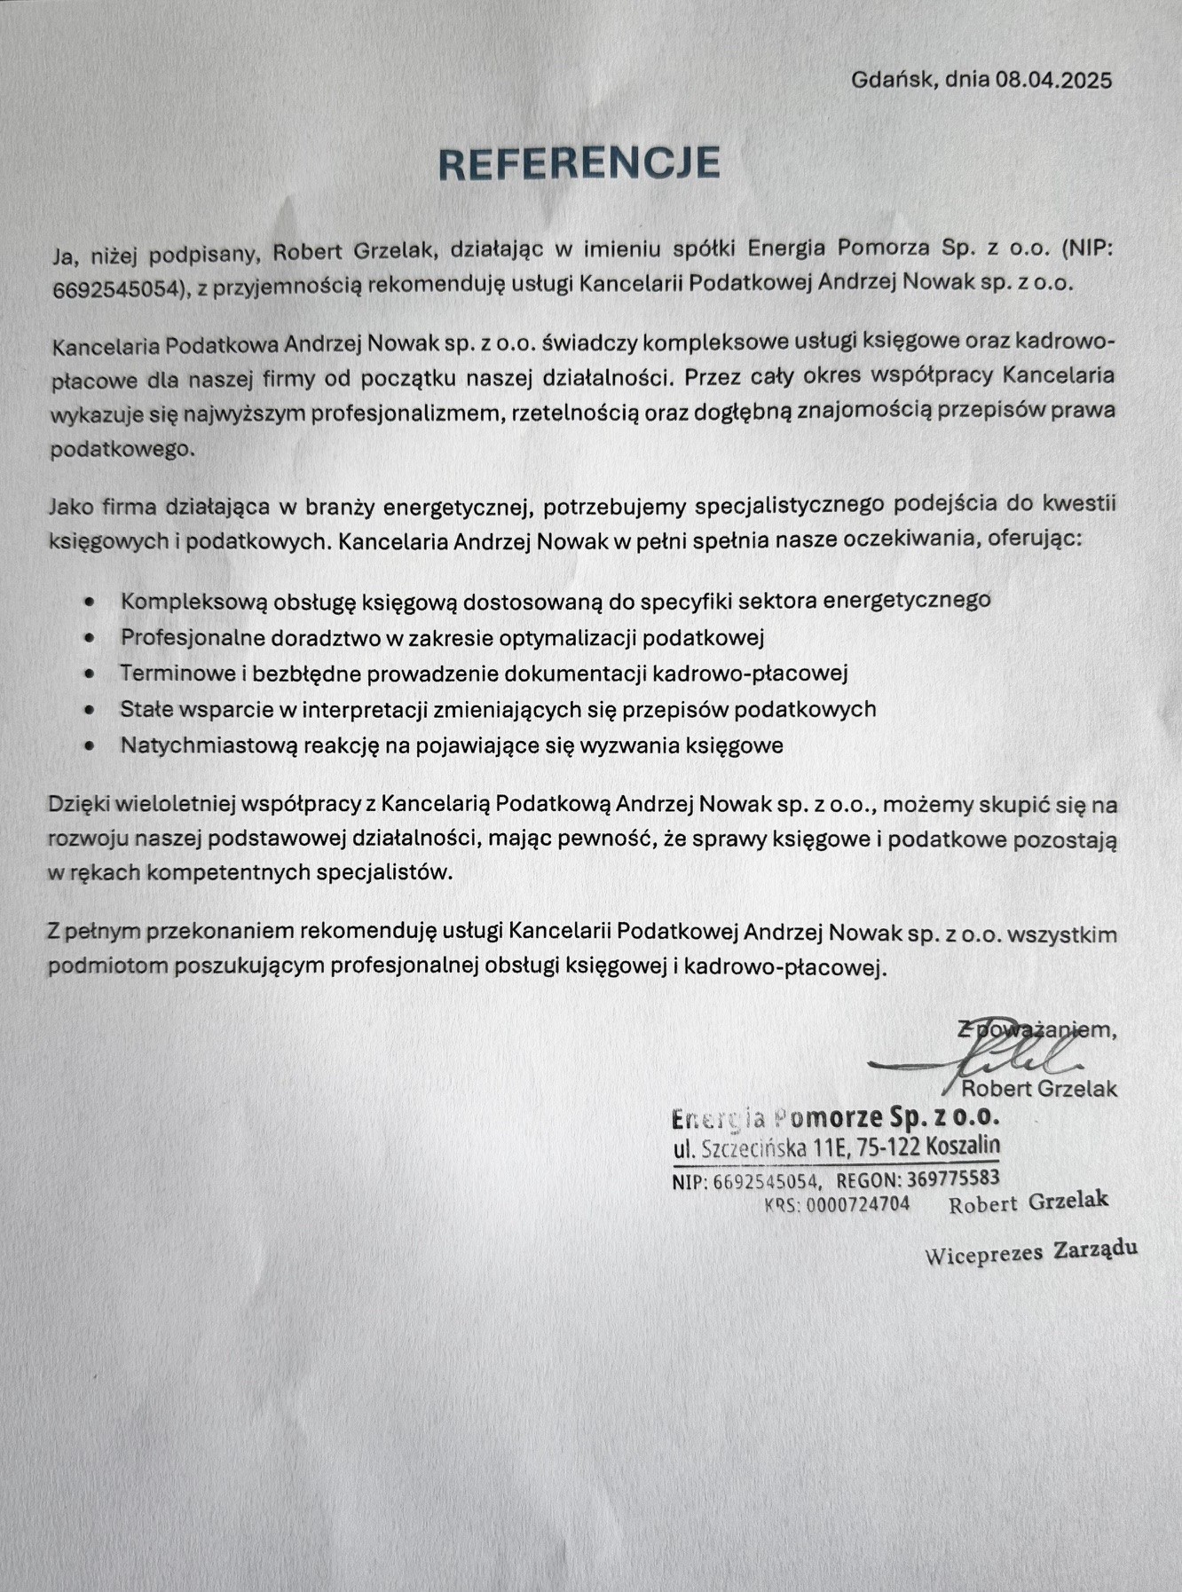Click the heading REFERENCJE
click(579, 163)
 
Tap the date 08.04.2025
click(1053, 80)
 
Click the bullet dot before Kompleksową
click(89, 602)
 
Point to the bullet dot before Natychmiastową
click(89, 746)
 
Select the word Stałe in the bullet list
click(146, 710)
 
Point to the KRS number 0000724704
click(857, 1205)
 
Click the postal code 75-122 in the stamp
click(889, 1147)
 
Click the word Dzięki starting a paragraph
click(76, 806)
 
